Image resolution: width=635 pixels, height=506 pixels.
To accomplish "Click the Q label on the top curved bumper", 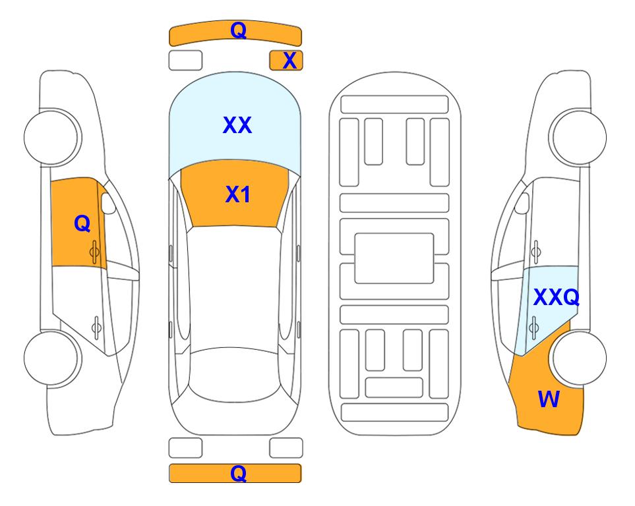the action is [x=238, y=30].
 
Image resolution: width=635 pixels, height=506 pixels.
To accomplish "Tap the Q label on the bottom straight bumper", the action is [x=238, y=473].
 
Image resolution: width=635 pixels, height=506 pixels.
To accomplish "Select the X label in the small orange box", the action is [x=289, y=61].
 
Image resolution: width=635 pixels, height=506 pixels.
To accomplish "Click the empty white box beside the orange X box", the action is [x=185, y=61].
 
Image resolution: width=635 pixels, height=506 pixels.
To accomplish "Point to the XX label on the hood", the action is [x=237, y=125].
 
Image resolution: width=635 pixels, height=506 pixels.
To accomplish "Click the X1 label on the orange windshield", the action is [x=238, y=194].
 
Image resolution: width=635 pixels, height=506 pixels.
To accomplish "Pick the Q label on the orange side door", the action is [x=82, y=223].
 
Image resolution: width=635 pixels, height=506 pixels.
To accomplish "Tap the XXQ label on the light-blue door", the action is [x=557, y=298].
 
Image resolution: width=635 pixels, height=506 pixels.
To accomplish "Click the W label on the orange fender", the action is [x=549, y=399].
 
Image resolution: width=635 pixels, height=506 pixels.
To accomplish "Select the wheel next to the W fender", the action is [x=580, y=358].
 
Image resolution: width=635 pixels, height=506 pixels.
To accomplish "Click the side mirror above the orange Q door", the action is [x=107, y=203].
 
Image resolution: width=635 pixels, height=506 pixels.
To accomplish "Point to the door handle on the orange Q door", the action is [x=94, y=252].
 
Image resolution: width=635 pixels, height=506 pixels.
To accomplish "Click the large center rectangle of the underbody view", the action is [x=394, y=258].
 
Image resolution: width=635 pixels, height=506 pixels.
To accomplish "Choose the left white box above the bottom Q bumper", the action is [x=185, y=448].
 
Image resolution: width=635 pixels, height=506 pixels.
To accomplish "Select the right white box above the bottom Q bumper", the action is [x=286, y=448].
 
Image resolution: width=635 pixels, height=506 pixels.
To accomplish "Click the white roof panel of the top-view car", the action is [x=235, y=287].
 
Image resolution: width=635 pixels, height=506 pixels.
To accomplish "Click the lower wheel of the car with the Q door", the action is [x=51, y=358].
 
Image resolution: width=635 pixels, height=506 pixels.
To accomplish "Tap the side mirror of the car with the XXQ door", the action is [x=522, y=203].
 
